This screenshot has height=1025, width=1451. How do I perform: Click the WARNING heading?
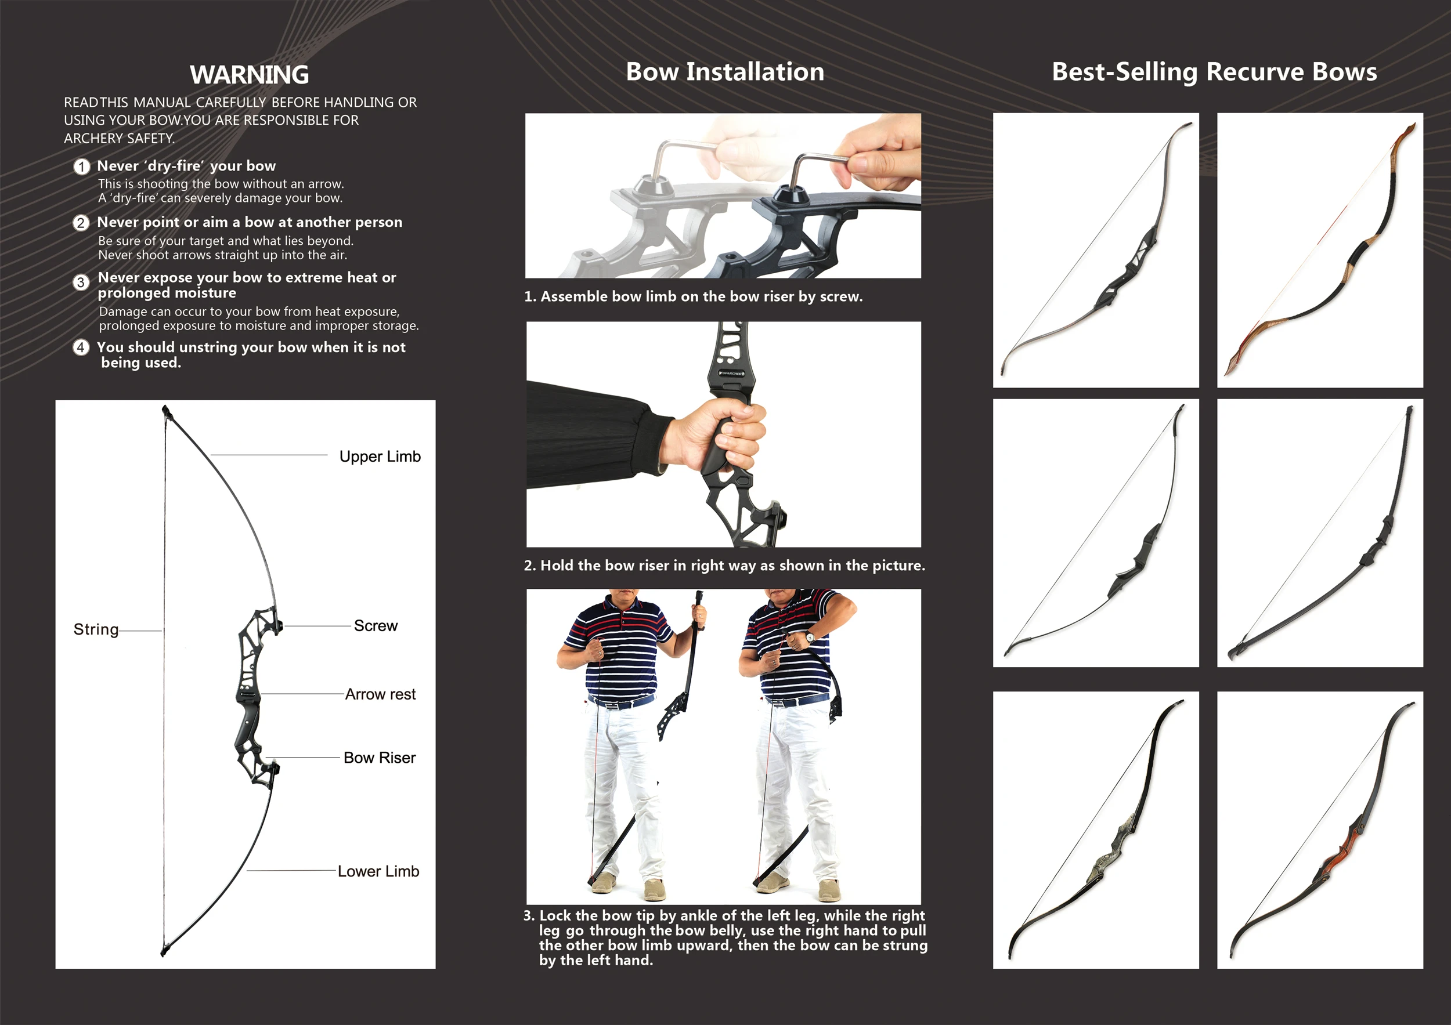click(x=249, y=74)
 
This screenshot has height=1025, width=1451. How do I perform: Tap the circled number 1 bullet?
click(x=81, y=166)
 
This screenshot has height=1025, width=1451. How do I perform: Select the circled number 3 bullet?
click(x=81, y=282)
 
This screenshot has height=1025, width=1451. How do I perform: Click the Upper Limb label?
click(x=379, y=457)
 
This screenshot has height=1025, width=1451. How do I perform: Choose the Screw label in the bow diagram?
click(x=376, y=626)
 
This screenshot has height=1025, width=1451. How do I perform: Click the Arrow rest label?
click(x=380, y=695)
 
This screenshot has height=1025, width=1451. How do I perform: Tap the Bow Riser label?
click(x=379, y=758)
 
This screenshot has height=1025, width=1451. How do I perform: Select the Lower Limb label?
click(x=378, y=871)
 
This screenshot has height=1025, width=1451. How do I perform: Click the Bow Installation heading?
click(x=724, y=72)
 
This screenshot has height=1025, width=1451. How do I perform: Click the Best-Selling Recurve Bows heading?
click(x=1214, y=72)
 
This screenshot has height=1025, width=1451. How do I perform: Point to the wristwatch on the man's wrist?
click(x=810, y=636)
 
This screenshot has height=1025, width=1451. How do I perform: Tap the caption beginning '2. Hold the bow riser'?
click(x=724, y=566)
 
